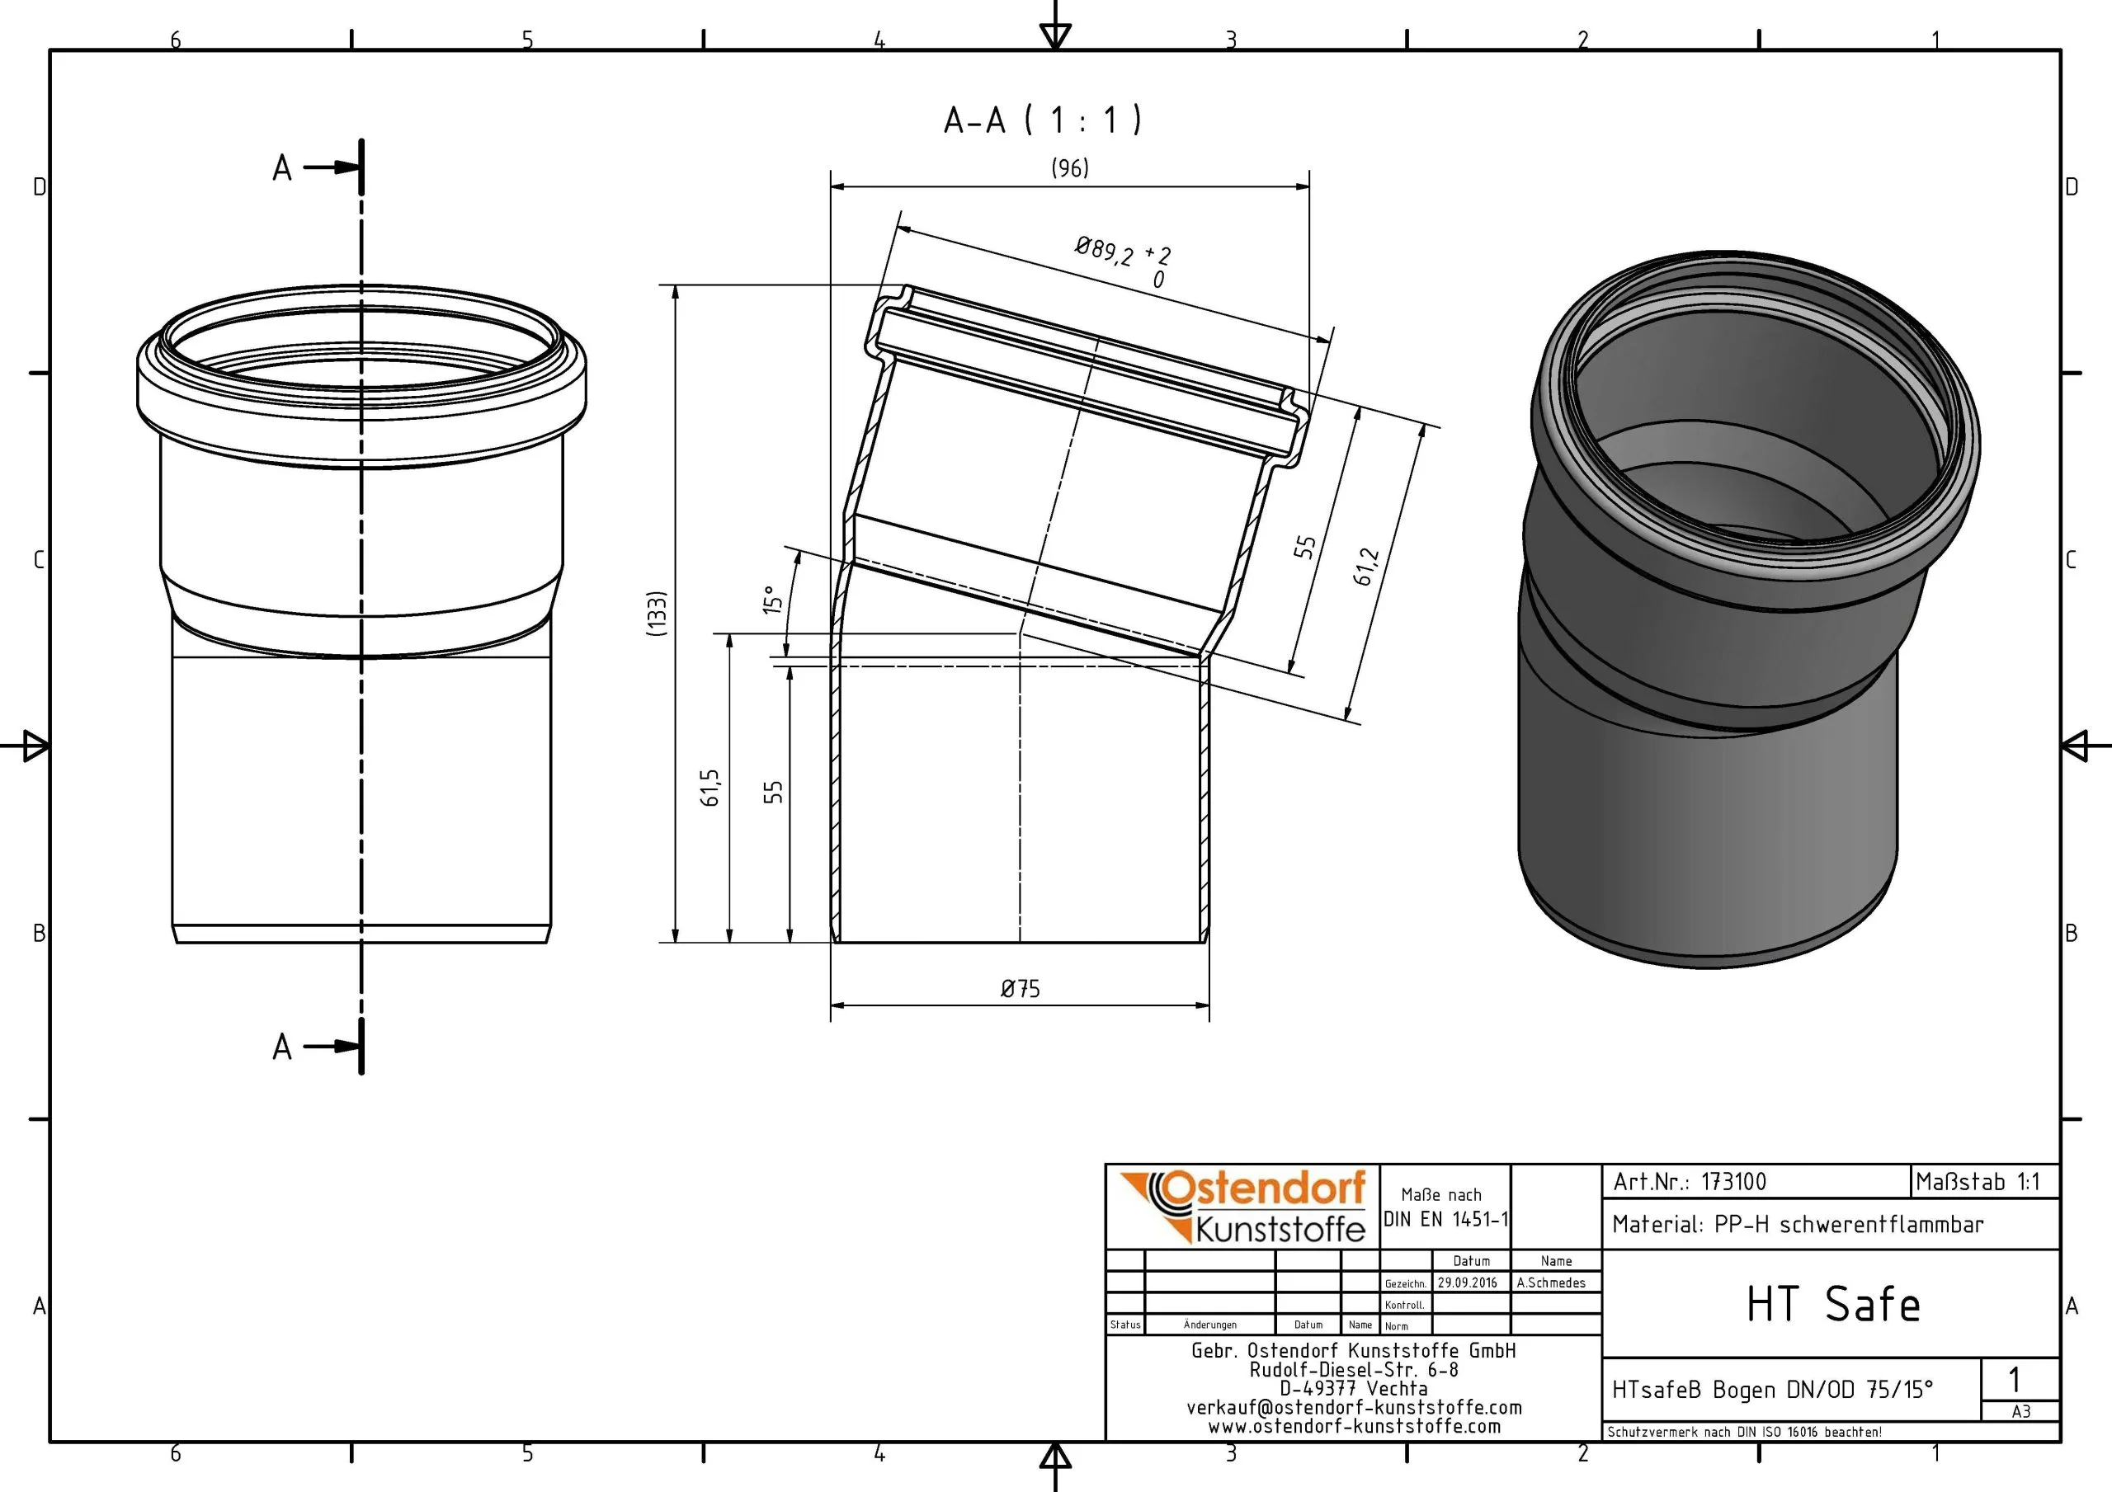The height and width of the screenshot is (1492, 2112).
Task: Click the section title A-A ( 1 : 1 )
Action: pos(1042,120)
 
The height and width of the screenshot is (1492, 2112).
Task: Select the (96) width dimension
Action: pos(1070,167)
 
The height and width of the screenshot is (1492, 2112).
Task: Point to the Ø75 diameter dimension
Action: pos(1021,989)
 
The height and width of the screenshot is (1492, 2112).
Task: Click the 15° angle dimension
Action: pos(773,600)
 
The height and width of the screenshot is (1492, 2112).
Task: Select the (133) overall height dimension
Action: pos(656,614)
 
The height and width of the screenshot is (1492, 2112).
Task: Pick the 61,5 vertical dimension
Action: pos(710,788)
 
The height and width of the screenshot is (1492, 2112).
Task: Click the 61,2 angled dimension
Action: pos(1367,567)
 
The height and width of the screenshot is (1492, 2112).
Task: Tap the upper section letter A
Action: pos(282,168)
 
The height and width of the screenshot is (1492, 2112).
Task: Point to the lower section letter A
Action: pos(282,1047)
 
